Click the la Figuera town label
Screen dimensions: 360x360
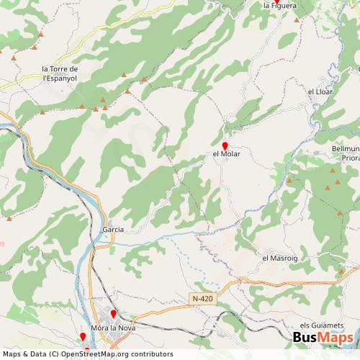point(279,6)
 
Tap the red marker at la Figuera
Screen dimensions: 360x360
point(276,1)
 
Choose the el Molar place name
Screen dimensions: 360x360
point(226,153)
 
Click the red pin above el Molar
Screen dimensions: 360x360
point(225,145)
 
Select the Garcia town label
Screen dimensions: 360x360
point(114,229)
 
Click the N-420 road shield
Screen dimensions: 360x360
point(204,298)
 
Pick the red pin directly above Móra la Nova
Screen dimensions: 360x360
point(113,315)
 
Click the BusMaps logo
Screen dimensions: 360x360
point(323,338)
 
